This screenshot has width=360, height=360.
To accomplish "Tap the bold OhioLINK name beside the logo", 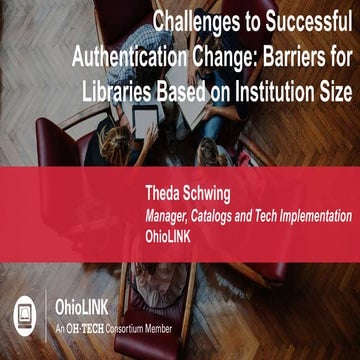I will tap(84, 309).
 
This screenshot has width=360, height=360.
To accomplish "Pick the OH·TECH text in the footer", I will tap(90, 328).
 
